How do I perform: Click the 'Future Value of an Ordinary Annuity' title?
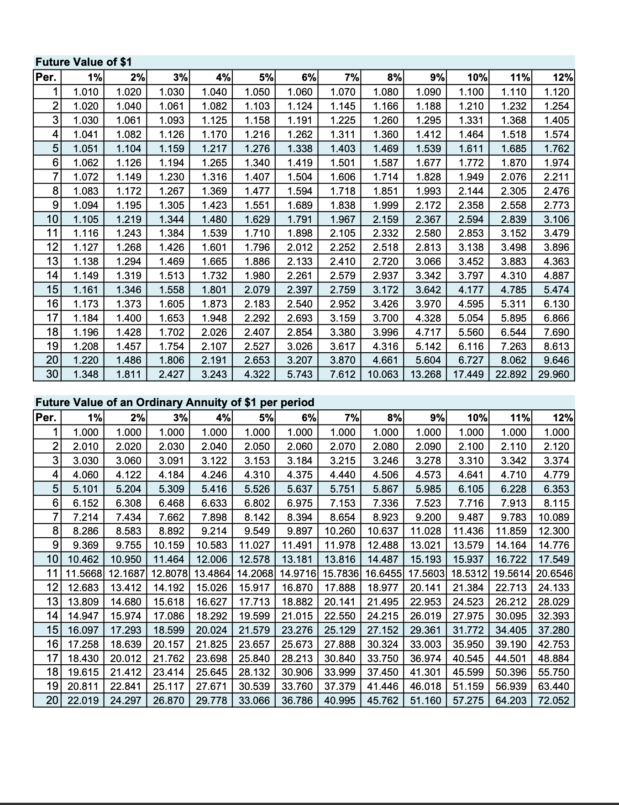175,402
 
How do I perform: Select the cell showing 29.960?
554,375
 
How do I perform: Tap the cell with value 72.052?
554,700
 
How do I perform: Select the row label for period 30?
53,375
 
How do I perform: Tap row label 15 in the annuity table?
53,630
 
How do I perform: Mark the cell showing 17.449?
468,375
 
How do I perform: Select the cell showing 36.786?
297,700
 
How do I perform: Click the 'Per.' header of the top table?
46,77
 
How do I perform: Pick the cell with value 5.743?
300,375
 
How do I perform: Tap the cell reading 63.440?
554,686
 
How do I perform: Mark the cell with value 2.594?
471,219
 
